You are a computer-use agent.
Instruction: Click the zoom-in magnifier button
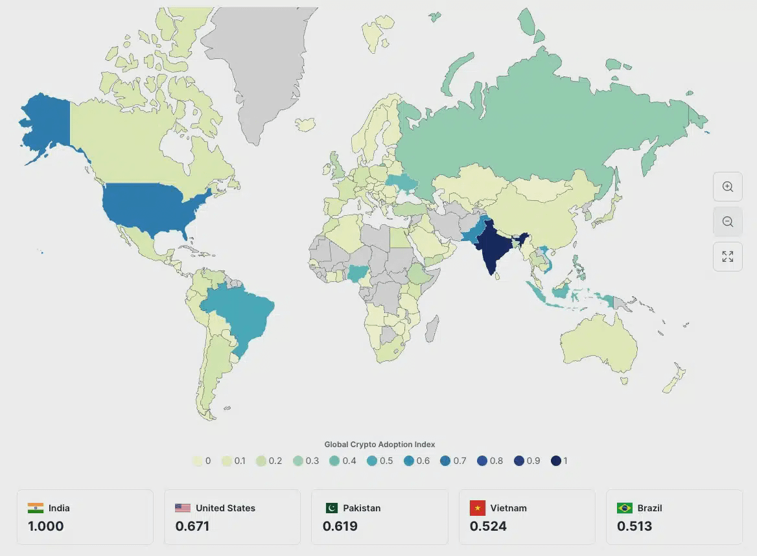(x=727, y=187)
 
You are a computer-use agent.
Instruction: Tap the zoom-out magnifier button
(x=727, y=222)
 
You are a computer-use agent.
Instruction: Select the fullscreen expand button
(x=727, y=257)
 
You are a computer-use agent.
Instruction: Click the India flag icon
(x=36, y=508)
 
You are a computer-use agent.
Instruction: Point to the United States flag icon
(x=183, y=508)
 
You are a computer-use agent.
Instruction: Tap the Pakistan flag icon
(x=332, y=508)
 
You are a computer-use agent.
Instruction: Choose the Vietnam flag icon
(x=478, y=508)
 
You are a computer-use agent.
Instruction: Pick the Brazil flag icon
(x=625, y=508)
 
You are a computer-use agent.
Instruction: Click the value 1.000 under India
(x=45, y=526)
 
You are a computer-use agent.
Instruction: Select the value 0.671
(x=192, y=526)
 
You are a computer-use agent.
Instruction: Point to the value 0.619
(x=340, y=526)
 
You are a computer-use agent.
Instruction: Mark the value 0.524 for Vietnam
(x=488, y=526)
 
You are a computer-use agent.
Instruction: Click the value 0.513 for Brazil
(x=635, y=526)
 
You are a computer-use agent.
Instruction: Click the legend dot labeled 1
(x=555, y=461)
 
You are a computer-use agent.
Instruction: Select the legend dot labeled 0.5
(x=371, y=461)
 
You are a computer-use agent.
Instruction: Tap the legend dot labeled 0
(x=197, y=461)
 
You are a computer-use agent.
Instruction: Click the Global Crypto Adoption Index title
(x=380, y=445)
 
